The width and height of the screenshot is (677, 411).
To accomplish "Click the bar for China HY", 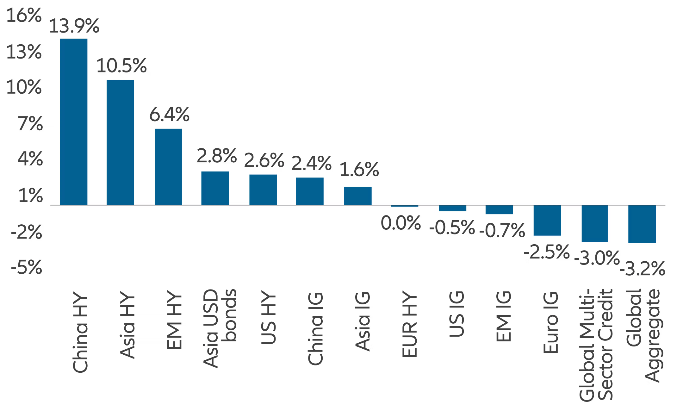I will point(73,122).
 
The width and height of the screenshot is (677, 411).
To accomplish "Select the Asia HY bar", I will point(120,142).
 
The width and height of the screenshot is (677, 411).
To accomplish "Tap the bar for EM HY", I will point(168,167).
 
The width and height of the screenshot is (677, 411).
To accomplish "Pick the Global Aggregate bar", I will point(642,224).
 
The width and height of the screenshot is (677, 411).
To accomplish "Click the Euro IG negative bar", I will point(547,220).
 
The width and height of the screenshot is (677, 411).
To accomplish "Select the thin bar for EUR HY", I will point(404,206).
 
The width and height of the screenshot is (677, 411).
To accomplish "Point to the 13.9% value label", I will point(74,26).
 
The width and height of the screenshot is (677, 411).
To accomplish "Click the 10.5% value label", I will point(121,66).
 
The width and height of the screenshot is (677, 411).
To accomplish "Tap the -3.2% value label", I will point(642,269).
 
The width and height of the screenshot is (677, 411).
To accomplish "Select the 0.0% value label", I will point(401,223).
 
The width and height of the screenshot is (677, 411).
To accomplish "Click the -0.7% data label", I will point(502,230).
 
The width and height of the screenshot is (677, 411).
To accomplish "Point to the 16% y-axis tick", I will point(24,15).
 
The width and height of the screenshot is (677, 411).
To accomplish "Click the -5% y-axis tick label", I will point(26,268).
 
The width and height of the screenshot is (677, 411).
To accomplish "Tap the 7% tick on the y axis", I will point(30,124).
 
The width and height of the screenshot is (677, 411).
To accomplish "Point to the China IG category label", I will point(315,328).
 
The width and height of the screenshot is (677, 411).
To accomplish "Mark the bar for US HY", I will point(263,190).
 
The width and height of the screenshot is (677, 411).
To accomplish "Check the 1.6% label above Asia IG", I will point(359,170).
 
